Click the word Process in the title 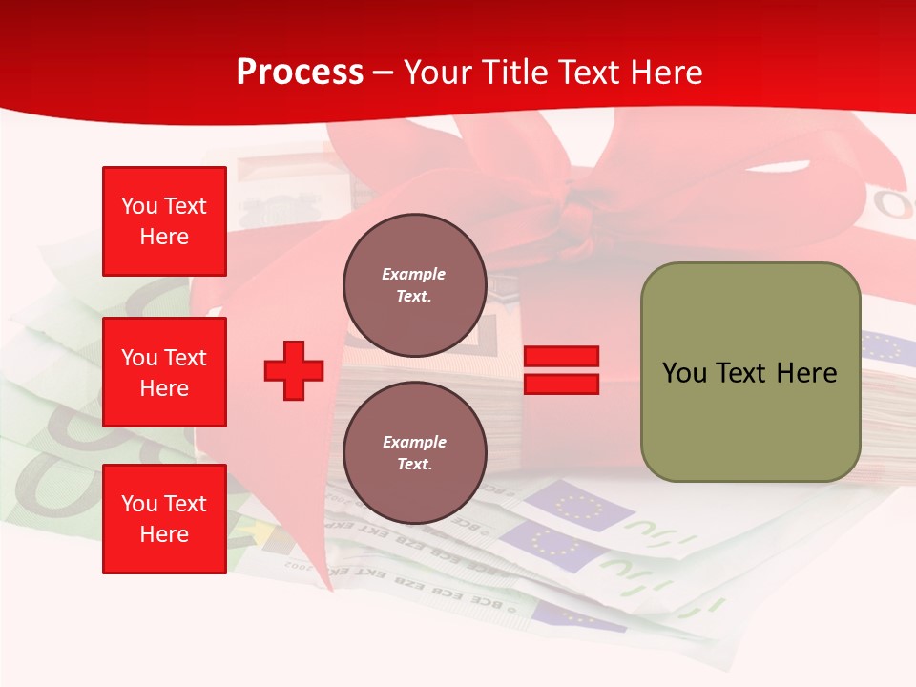pyautogui.click(x=300, y=73)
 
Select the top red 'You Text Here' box pyautogui.click(x=164, y=221)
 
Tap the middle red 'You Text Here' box pyautogui.click(x=164, y=372)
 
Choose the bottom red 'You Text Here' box pyautogui.click(x=164, y=519)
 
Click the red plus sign pyautogui.click(x=294, y=370)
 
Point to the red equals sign pyautogui.click(x=562, y=370)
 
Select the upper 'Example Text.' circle pyautogui.click(x=414, y=284)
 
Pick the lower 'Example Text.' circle pyautogui.click(x=414, y=452)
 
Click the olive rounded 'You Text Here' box pyautogui.click(x=750, y=372)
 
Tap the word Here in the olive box pyautogui.click(x=806, y=373)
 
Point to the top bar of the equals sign pyautogui.click(x=562, y=357)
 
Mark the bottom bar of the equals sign pyautogui.click(x=562, y=385)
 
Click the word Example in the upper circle pyautogui.click(x=414, y=274)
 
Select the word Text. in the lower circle pyautogui.click(x=414, y=464)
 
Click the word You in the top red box pyautogui.click(x=138, y=206)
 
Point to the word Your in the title pyautogui.click(x=438, y=73)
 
